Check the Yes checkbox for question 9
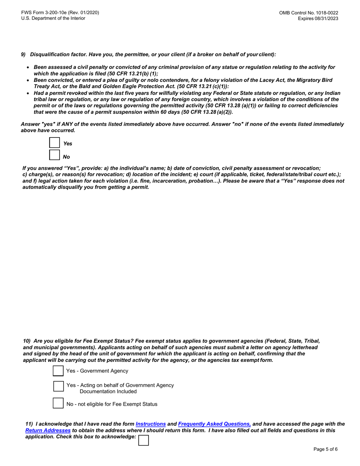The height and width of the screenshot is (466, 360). pos(55,143)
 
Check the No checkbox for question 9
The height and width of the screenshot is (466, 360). pos(55,155)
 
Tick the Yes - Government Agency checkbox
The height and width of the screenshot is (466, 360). pos(58,371)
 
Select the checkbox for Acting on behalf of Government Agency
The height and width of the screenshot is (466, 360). pos(58,386)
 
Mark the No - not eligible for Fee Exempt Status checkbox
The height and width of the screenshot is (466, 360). pos(58,403)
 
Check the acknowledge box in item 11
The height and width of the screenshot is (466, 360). pos(144,440)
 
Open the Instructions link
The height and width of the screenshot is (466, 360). pos(150,424)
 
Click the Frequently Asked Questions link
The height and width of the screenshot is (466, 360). pos(214,424)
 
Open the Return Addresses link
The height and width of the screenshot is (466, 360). pos(48,430)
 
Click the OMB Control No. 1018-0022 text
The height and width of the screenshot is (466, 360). pos(308,13)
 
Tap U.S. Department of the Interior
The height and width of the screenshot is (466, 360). pos(53,19)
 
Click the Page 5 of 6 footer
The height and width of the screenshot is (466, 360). pos(326,449)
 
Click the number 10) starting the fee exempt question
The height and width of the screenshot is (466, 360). pos(27,341)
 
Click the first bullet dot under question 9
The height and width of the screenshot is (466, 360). pos(28,67)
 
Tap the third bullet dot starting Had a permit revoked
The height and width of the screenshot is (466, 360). pos(28,93)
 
